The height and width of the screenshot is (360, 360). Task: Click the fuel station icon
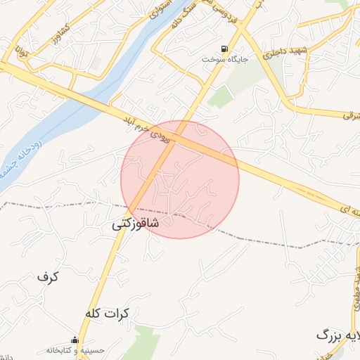click(x=224, y=49)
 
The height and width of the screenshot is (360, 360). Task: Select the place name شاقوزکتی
click(x=135, y=224)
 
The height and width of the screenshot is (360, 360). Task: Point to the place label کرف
click(x=48, y=277)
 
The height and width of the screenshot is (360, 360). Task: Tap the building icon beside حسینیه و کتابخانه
click(x=75, y=340)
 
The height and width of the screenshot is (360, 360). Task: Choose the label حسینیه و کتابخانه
click(x=75, y=349)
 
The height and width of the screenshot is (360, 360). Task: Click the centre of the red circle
click(x=180, y=179)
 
